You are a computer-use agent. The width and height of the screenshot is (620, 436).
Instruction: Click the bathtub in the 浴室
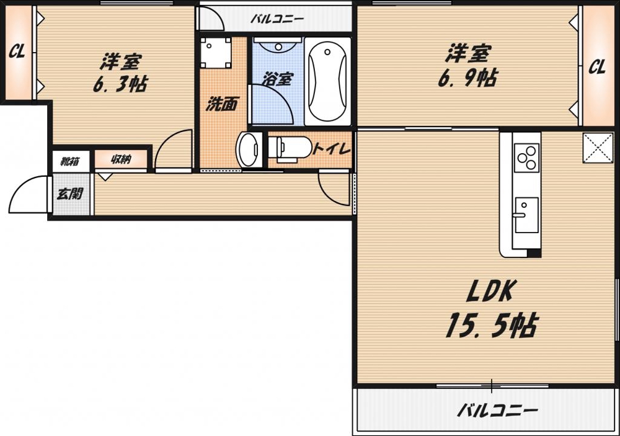point(327,81)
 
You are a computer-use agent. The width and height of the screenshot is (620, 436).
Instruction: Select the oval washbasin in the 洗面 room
point(249,149)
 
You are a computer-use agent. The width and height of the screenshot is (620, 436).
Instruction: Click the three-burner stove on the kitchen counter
point(527,157)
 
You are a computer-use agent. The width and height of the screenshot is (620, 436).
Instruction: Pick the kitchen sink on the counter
point(526,215)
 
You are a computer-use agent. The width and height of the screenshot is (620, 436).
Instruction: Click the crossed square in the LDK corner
point(598,148)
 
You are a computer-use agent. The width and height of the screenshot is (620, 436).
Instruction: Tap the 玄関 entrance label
point(70,194)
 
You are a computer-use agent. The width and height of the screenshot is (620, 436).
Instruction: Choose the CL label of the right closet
point(596,67)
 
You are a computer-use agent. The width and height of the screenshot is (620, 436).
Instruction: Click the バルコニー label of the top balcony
point(277,19)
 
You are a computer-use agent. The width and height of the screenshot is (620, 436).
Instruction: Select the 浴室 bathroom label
point(277,79)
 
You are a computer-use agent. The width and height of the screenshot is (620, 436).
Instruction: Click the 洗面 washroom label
point(221,104)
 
